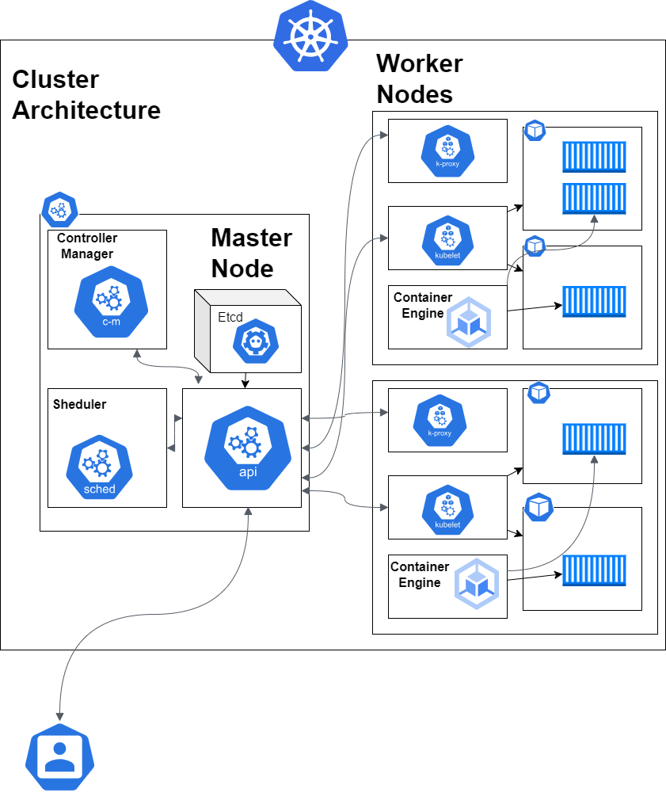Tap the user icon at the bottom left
[60, 757]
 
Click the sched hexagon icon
[100, 467]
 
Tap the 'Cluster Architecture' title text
[86, 94]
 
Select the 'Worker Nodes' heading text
[419, 78]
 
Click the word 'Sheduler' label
[79, 404]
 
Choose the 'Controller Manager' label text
[86, 246]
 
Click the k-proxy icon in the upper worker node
[447, 151]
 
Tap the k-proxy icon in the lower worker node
[439, 419]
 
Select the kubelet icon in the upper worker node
[447, 238]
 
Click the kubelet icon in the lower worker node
[447, 507]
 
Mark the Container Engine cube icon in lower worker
[478, 584]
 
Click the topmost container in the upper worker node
[594, 157]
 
